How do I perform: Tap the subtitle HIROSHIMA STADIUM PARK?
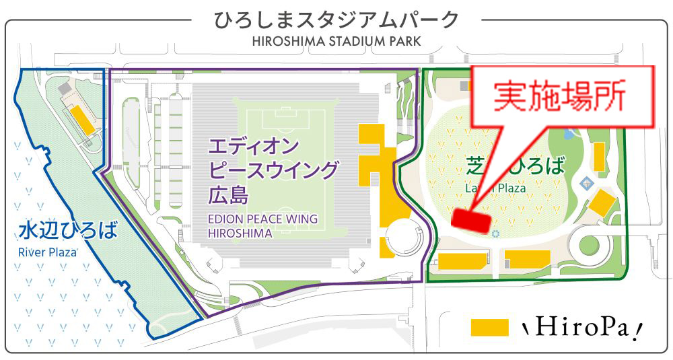[x=336, y=41]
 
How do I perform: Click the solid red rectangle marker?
[x=472, y=219]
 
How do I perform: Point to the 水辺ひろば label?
[x=68, y=231]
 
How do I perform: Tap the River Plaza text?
[x=47, y=253]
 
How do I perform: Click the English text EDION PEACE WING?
[x=262, y=219]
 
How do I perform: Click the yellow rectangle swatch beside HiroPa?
[x=489, y=327]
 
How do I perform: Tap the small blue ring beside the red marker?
[x=496, y=233]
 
